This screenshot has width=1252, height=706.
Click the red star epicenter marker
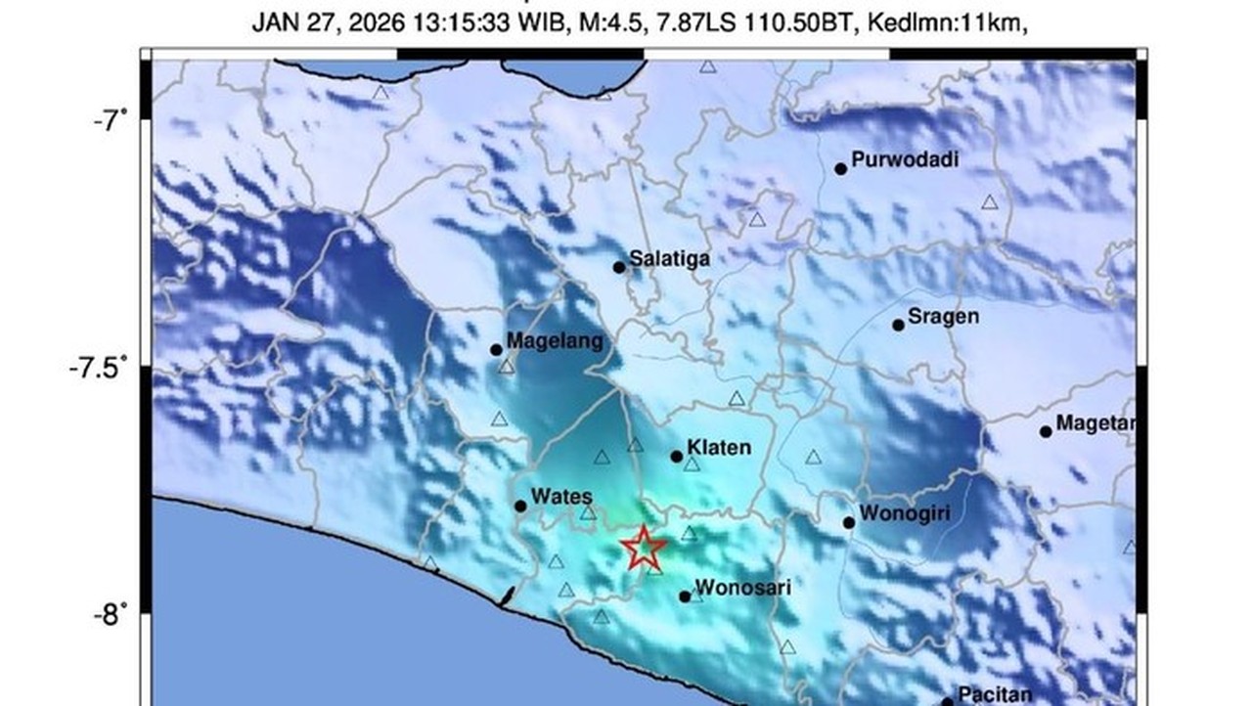tap(644, 548)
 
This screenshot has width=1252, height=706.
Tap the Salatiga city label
tap(669, 259)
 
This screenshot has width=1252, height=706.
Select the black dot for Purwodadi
tap(840, 169)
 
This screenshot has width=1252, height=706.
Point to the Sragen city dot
tap(898, 325)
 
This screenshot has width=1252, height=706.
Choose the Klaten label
tap(719, 448)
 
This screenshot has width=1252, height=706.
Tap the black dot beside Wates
tap(520, 506)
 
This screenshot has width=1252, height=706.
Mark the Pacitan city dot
tap(946, 701)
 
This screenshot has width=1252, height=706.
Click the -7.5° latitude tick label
tap(99, 368)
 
